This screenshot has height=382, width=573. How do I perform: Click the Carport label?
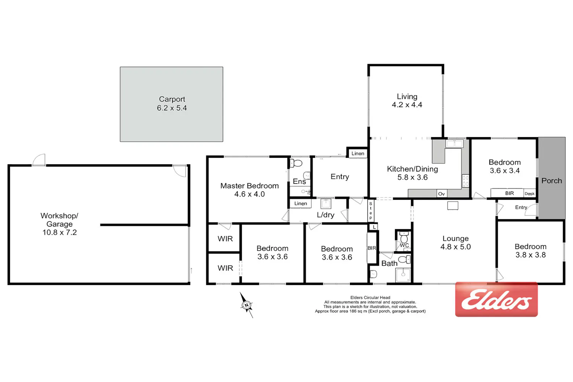(172, 99)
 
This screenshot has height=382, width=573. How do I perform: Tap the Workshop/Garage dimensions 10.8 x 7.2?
(60, 232)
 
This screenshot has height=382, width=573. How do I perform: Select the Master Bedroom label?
(249, 186)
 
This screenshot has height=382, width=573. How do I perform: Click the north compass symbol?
(247, 305)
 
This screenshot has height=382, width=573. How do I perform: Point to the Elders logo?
(496, 299)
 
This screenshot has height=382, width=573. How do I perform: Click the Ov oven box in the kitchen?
(442, 194)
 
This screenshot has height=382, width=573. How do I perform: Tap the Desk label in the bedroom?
(529, 194)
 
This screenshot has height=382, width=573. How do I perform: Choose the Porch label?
(552, 181)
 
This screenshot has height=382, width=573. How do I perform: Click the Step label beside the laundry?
(371, 210)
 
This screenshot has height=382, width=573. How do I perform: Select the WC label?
(404, 245)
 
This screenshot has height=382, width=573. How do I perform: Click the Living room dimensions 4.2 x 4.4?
(407, 105)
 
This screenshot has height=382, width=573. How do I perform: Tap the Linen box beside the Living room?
(358, 154)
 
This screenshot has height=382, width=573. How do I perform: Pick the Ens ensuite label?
(299, 181)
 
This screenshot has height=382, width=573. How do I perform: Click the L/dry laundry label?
(325, 215)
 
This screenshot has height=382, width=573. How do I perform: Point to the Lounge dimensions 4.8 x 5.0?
(456, 247)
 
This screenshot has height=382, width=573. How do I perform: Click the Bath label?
(389, 263)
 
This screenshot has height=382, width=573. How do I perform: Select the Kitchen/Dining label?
(412, 169)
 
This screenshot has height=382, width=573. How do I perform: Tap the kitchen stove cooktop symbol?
(465, 181)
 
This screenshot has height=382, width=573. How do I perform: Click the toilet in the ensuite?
(296, 163)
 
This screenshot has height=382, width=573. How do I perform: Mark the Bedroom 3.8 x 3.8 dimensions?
(530, 255)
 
